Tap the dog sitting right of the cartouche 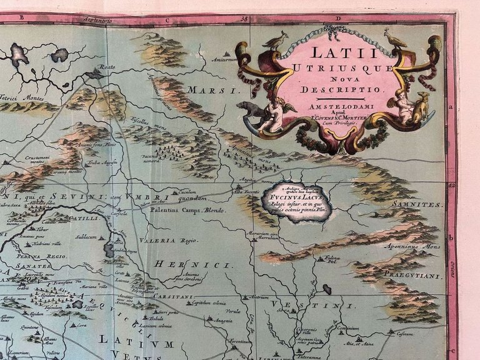(421, 107)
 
